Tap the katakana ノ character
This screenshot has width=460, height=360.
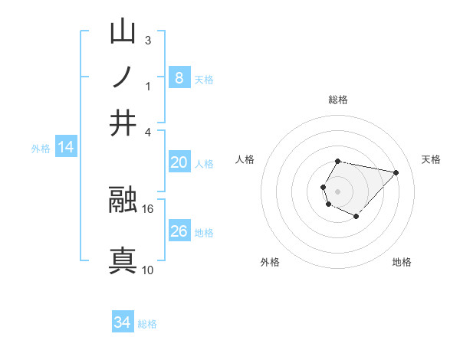pyautogui.click(x=123, y=77)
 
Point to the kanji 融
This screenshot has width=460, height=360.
pyautogui.click(x=123, y=201)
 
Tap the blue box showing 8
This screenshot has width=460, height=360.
pyautogui.click(x=179, y=77)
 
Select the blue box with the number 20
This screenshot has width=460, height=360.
pyautogui.click(x=179, y=162)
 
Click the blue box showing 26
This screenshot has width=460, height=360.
pyautogui.click(x=179, y=231)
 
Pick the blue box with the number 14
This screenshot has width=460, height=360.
pyautogui.click(x=66, y=148)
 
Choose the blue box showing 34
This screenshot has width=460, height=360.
pyautogui.click(x=122, y=322)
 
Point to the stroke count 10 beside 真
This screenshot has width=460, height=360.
pyautogui.click(x=148, y=270)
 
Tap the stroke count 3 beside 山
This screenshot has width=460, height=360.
pyautogui.click(x=148, y=41)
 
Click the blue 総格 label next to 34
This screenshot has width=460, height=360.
pyautogui.click(x=147, y=324)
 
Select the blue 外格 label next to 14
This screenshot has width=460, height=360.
pyautogui.click(x=41, y=149)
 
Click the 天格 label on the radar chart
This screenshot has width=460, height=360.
pyautogui.click(x=432, y=159)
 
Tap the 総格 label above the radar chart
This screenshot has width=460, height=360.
pyautogui.click(x=338, y=100)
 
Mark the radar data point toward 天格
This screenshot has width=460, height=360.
pyautogui.click(x=396, y=172)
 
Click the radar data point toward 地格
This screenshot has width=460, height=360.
pyautogui.click(x=356, y=218)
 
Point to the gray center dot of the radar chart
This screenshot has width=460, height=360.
pyautogui.click(x=338, y=191)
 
